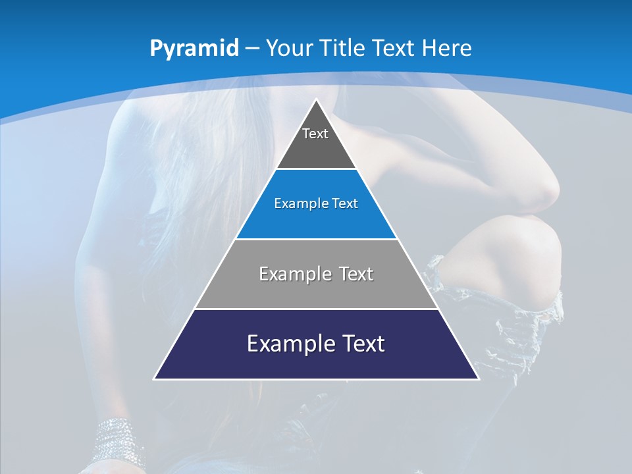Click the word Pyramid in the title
click(194, 49)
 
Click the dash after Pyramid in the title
click(252, 49)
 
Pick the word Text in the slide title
click(395, 48)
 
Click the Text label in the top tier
click(315, 134)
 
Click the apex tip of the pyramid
click(316, 101)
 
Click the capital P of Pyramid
click(156, 49)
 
